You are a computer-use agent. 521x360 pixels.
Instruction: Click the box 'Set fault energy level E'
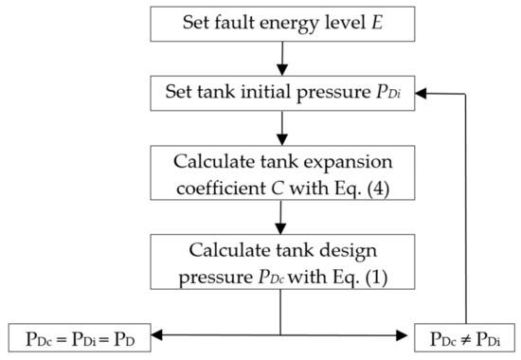coord(280,24)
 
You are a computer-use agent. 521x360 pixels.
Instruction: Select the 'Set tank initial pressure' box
coord(280,92)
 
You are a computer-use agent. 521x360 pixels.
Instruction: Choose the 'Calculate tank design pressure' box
coord(280,267)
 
